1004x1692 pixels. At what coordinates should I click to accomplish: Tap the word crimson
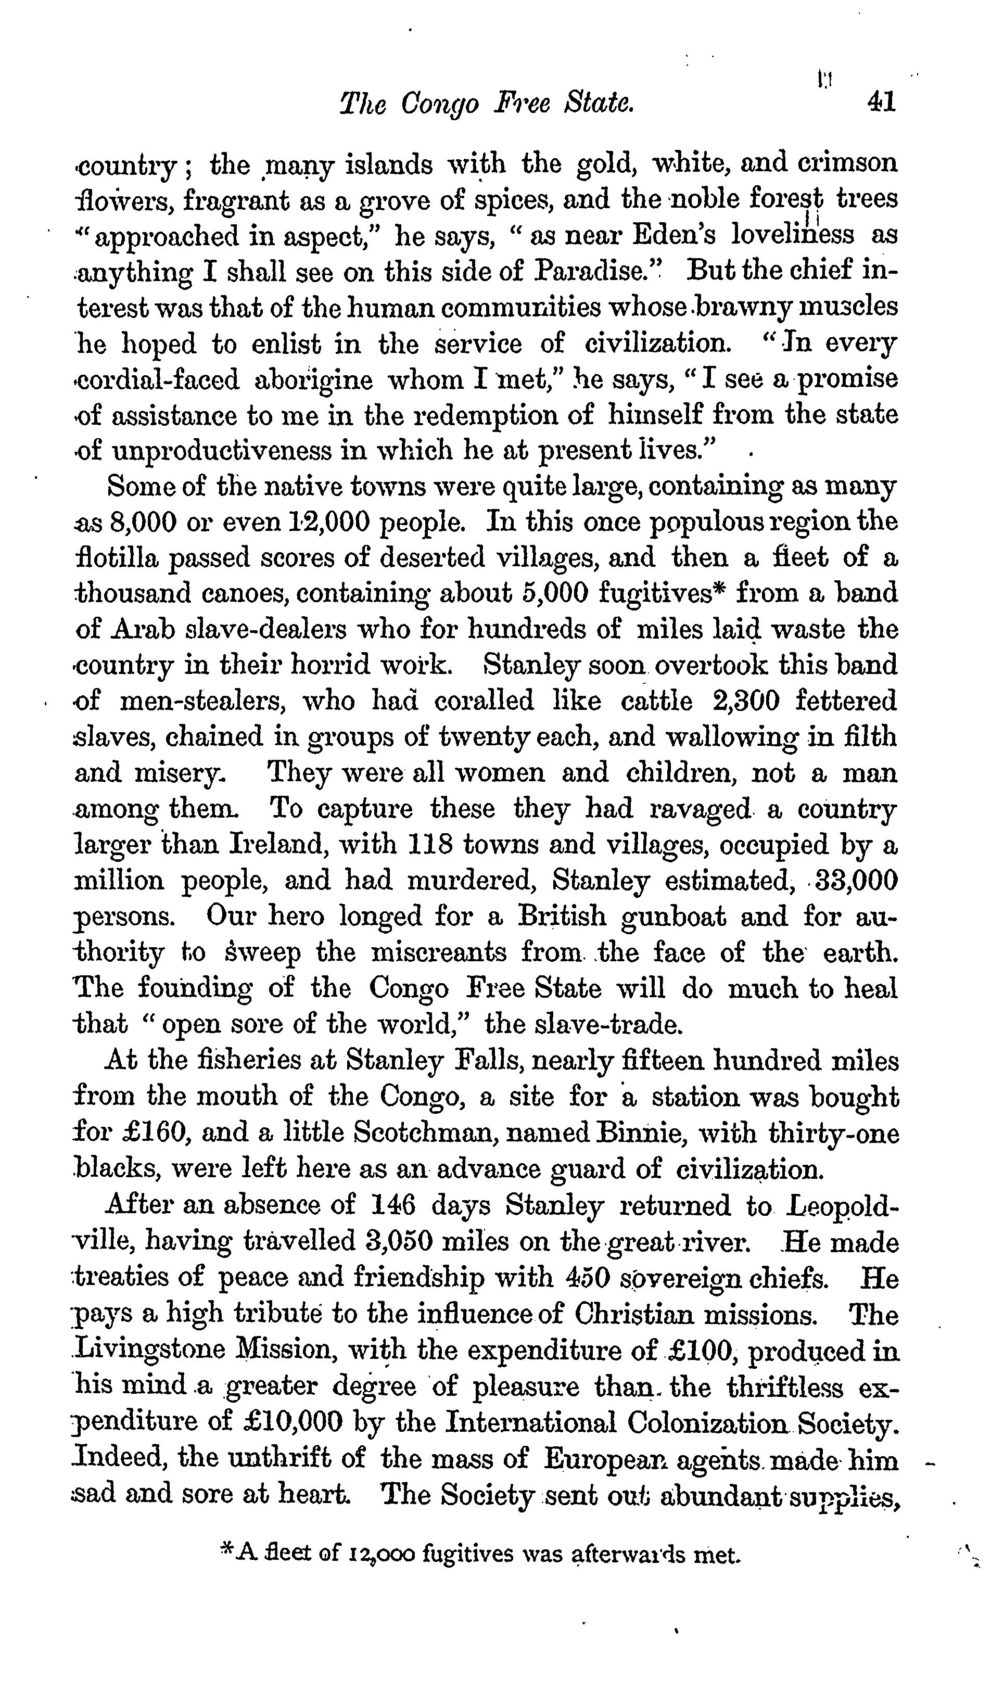point(847,164)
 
